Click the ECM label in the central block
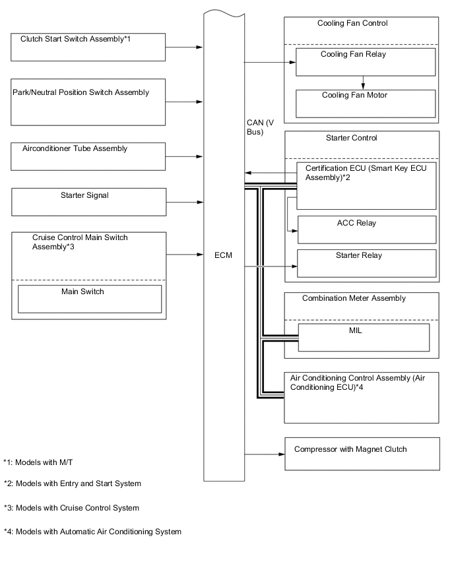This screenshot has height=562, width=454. (x=222, y=255)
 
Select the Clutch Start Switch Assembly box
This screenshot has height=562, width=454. (x=88, y=47)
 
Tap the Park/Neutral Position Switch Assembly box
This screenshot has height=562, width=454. (x=88, y=102)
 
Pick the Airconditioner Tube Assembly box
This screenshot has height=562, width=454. (x=88, y=156)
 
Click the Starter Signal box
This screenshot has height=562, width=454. (x=88, y=201)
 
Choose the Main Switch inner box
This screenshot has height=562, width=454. (x=89, y=298)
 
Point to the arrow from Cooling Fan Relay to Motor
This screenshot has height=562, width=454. (x=363, y=82)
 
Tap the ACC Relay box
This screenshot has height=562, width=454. (x=367, y=229)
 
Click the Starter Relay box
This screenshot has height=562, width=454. (x=367, y=263)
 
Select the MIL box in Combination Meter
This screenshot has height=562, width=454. (x=364, y=337)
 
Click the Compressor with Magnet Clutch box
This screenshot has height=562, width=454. (x=362, y=454)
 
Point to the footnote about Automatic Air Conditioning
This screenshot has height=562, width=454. (x=92, y=532)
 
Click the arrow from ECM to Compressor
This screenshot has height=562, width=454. (x=264, y=454)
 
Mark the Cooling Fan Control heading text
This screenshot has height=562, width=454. (x=352, y=23)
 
